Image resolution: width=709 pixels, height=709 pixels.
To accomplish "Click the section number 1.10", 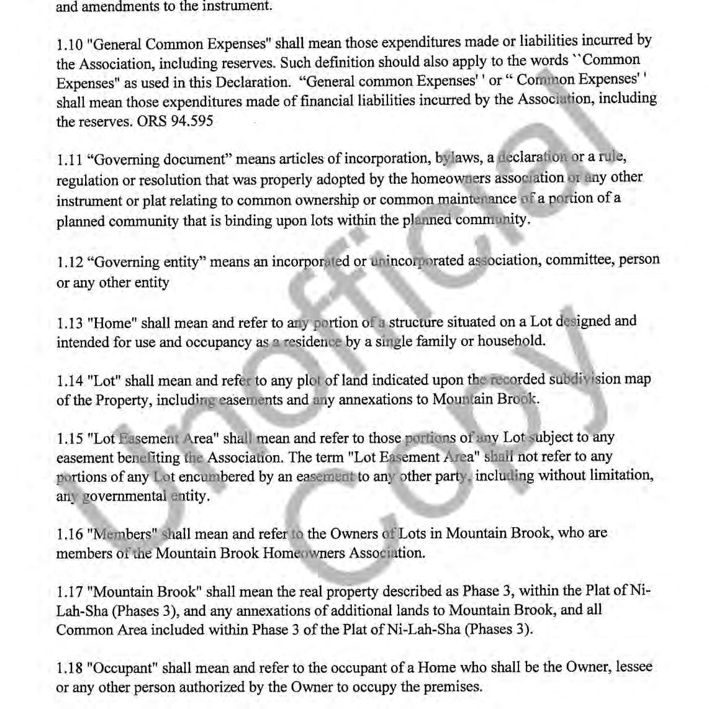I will [68, 45].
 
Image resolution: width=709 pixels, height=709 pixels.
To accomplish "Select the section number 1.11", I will [68, 160].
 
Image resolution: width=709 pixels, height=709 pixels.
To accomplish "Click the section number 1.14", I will [69, 381].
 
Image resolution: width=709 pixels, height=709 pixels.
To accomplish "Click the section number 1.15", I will [69, 438].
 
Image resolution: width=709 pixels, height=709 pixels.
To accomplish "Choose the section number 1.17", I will [69, 591].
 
